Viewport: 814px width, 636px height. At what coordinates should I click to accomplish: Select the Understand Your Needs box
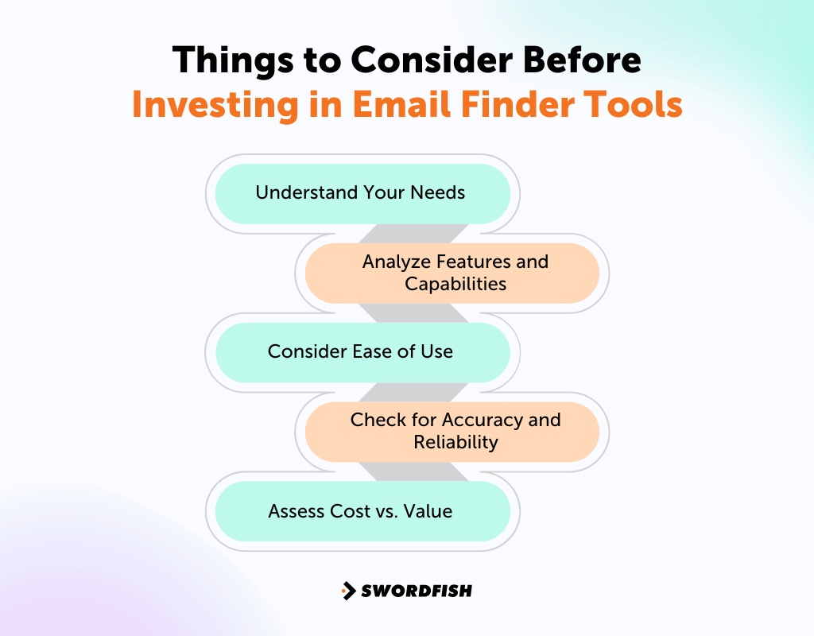point(362,193)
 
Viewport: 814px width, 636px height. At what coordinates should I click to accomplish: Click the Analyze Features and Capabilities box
point(453,273)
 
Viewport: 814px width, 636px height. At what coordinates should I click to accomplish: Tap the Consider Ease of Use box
point(362,352)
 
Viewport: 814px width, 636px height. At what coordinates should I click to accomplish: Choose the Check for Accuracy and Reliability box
point(453,432)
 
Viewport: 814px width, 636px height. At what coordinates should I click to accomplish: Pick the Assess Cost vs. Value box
point(362,511)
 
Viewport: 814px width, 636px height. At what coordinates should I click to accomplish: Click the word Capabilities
point(455,284)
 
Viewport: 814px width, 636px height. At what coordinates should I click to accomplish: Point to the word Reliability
point(455,443)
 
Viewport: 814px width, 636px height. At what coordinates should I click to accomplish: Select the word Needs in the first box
point(440,193)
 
